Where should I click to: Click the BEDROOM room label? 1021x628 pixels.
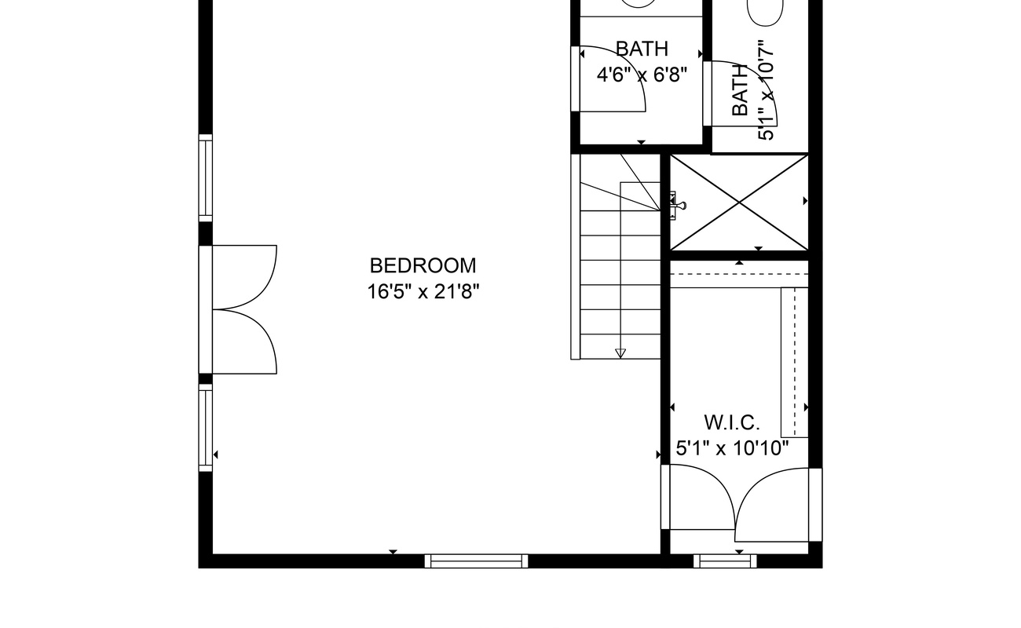click(x=423, y=265)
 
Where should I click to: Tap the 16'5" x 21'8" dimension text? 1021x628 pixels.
click(x=423, y=292)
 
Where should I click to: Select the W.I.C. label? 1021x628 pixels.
click(x=732, y=422)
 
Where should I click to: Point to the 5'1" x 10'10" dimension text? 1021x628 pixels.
click(x=732, y=448)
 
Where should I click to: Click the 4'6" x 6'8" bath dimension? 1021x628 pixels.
click(x=642, y=75)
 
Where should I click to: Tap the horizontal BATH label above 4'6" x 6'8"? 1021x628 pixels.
click(x=642, y=49)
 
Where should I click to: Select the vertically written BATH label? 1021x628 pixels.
click(x=740, y=90)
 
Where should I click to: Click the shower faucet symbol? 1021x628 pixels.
click(x=677, y=206)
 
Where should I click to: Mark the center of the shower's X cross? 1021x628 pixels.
click(x=739, y=203)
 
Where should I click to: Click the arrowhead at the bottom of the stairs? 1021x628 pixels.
click(x=620, y=353)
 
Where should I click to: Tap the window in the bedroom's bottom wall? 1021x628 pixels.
click(x=476, y=561)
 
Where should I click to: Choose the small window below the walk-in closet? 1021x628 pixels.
click(x=725, y=561)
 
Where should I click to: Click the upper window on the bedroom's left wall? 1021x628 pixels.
click(x=206, y=177)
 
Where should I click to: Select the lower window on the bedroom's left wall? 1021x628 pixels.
click(x=206, y=428)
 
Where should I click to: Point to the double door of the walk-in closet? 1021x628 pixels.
click(x=741, y=503)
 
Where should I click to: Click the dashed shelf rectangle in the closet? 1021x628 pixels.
click(x=795, y=363)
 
